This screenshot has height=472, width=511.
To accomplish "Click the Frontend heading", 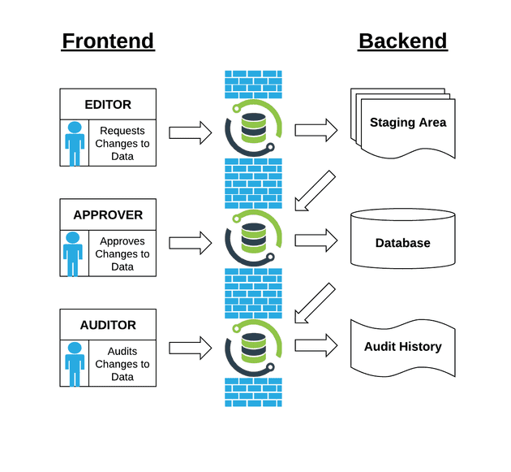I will tap(108, 41).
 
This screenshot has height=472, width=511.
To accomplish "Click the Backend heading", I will tap(402, 41).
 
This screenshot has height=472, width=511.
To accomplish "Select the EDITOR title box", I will tap(108, 104).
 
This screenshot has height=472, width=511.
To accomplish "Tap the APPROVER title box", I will tap(108, 215).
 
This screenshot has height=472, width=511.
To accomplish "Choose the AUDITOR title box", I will tap(108, 325).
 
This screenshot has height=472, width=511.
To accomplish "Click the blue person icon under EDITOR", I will tap(75, 144).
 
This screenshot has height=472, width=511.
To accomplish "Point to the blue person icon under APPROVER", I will tap(73, 254).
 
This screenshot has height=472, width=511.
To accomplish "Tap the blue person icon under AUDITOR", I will tap(75, 364).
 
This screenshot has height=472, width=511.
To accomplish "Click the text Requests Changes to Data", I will tap(122, 144).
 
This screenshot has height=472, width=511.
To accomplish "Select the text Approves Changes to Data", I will tap(122, 254).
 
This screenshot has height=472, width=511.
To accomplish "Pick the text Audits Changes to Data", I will tap(122, 364).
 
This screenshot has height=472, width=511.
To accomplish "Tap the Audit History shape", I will tap(402, 347).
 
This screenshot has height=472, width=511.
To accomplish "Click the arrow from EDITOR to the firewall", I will tap(190, 132).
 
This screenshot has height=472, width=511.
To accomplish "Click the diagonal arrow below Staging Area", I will tap(314, 191).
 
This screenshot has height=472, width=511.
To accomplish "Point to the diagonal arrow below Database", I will tap(314, 303).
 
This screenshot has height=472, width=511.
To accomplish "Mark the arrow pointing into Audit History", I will tap(316, 344).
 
